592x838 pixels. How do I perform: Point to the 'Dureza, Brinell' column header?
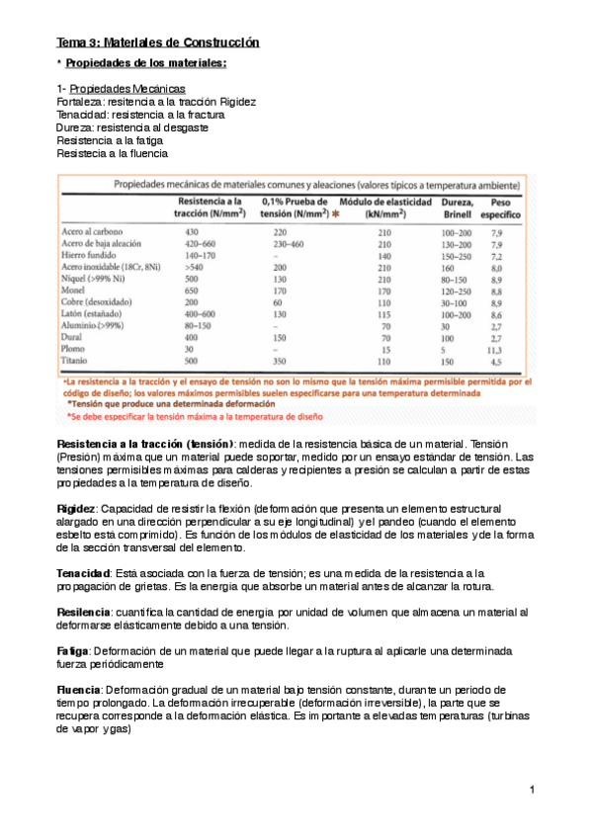click(x=457, y=208)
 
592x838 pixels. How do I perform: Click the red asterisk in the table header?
click(x=336, y=213)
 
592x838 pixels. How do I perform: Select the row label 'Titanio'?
click(x=78, y=362)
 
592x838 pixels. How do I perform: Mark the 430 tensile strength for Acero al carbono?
click(x=192, y=231)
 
